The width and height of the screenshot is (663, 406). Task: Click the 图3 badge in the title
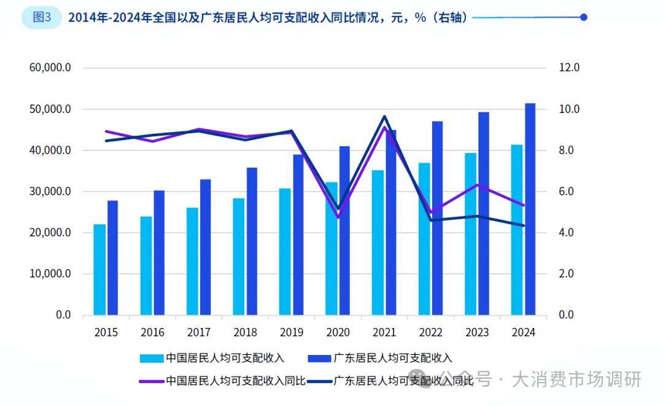tap(42, 17)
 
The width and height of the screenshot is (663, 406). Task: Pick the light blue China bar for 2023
tap(470, 233)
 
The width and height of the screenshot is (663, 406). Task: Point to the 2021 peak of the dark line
tap(384, 116)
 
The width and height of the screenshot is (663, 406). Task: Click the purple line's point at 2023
tap(477, 184)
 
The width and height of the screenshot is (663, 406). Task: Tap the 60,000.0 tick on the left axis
tap(50, 68)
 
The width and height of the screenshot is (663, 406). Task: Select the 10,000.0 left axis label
tap(50, 274)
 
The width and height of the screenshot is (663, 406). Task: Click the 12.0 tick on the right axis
tap(568, 68)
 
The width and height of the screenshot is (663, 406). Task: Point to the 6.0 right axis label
tap(566, 192)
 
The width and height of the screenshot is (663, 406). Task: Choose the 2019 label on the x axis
tap(292, 332)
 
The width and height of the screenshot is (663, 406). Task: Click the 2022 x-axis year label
tap(431, 332)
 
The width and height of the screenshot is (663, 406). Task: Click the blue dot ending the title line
tap(584, 17)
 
